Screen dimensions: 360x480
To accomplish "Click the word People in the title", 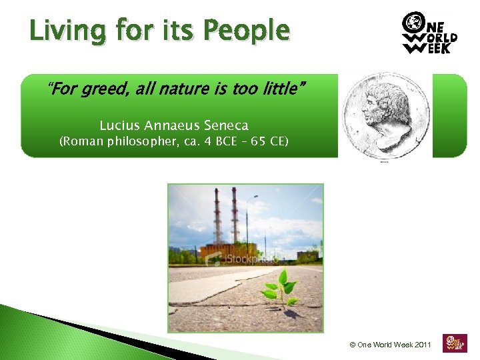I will click(247, 31).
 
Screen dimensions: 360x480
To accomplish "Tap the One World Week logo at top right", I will click(429, 33).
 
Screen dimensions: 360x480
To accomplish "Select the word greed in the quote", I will click(101, 89).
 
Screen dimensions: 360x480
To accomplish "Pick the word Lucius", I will click(119, 125).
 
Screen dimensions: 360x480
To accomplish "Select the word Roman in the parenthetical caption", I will click(81, 141).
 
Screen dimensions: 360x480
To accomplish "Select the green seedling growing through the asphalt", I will click(281, 290).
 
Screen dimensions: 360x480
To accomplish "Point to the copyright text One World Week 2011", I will click(390, 345).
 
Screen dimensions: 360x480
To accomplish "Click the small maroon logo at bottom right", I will click(455, 343).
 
